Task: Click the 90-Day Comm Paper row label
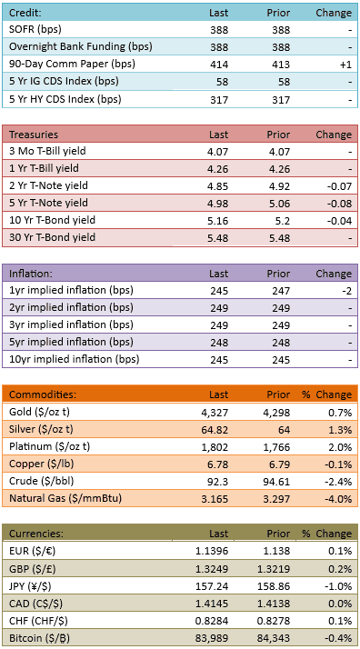72,65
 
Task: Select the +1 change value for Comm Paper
346,65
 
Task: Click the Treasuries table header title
34,135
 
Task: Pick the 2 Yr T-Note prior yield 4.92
280,186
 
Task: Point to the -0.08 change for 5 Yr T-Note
338,204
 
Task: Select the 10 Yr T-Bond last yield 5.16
218,221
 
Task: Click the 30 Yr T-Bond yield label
52,237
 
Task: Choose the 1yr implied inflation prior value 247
281,291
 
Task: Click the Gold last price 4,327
216,413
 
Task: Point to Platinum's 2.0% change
342,447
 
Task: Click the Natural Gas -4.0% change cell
340,500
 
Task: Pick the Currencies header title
36,534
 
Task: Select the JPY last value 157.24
215,586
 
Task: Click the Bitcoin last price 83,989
215,639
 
